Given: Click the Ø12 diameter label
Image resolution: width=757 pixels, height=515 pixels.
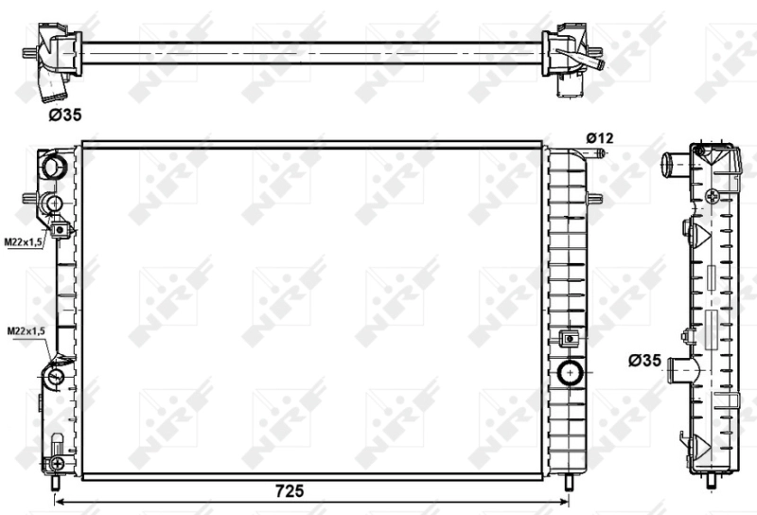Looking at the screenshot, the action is [600, 138].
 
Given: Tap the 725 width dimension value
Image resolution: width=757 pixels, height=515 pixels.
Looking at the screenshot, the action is [290, 490].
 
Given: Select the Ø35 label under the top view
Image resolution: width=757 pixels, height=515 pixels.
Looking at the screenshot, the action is [65, 115].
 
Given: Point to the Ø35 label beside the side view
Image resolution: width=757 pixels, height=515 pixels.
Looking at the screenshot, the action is [644, 361].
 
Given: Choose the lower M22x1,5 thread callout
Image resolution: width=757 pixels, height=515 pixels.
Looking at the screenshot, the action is [26, 331].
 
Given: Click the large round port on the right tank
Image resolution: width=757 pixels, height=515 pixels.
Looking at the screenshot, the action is [571, 372].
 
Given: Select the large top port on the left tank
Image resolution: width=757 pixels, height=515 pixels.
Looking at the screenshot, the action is [52, 165].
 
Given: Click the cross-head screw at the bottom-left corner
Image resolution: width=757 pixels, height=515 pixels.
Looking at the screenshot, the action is [58, 463].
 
